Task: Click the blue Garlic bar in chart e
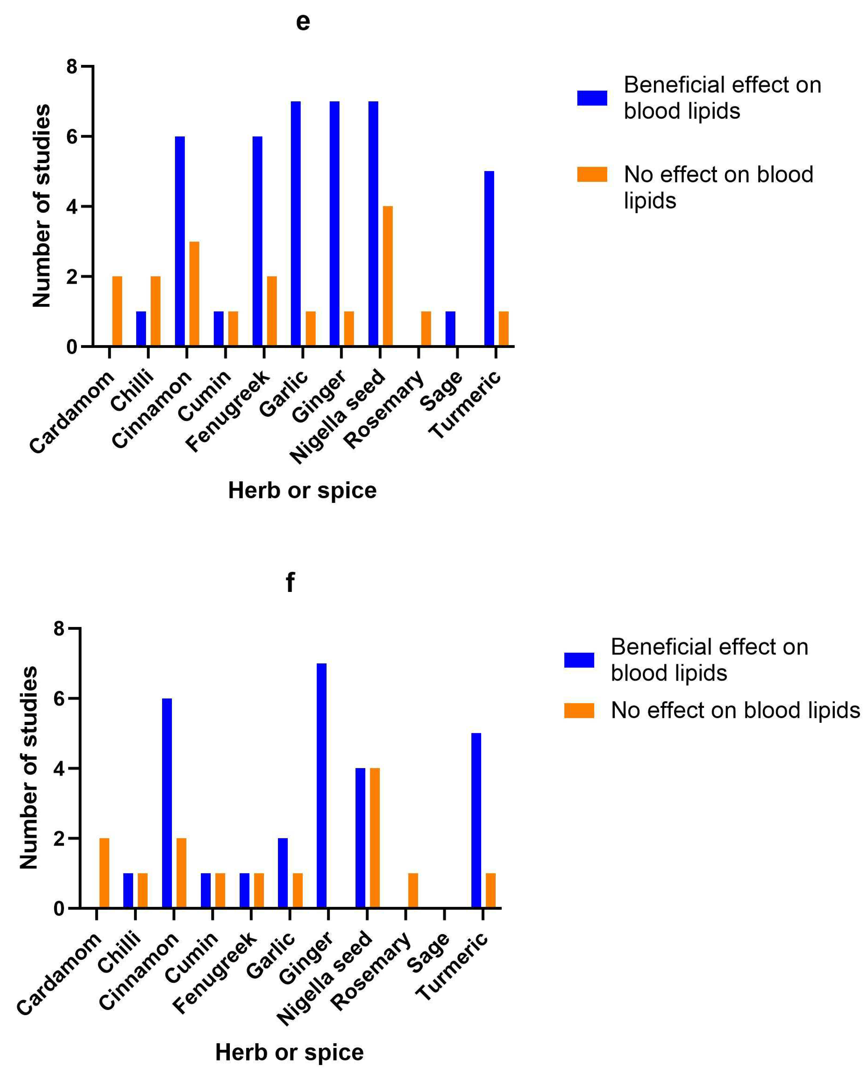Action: (x=296, y=224)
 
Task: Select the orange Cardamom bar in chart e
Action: (x=117, y=311)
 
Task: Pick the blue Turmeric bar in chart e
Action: (x=489, y=258)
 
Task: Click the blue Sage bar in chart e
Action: (x=450, y=328)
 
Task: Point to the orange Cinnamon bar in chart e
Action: (x=194, y=293)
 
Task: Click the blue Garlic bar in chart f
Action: (x=283, y=873)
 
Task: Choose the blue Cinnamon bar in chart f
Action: (x=167, y=803)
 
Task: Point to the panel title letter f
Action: (x=290, y=582)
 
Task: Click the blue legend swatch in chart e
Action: (x=592, y=98)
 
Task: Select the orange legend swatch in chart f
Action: (x=579, y=710)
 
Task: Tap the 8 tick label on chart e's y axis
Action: (x=72, y=67)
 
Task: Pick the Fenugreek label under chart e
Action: (x=227, y=411)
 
